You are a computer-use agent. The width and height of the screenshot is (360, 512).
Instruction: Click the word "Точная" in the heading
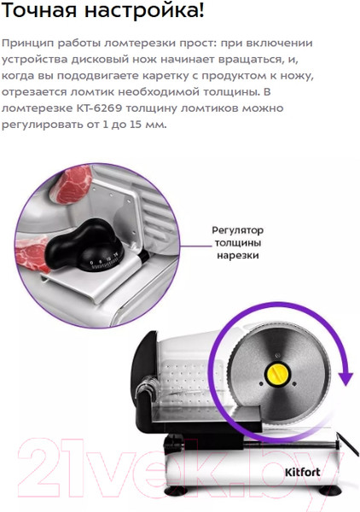pyautogui.click(x=40, y=10)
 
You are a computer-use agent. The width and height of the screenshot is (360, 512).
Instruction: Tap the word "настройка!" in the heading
pyautogui.click(x=144, y=10)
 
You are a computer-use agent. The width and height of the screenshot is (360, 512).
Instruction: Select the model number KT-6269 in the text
pyautogui.click(x=99, y=108)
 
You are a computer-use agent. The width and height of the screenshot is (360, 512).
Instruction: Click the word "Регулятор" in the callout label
pyautogui.click(x=238, y=230)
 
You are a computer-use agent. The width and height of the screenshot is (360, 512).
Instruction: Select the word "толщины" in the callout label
pyautogui.click(x=238, y=243)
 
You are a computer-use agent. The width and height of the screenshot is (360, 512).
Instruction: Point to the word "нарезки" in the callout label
pyautogui.click(x=238, y=255)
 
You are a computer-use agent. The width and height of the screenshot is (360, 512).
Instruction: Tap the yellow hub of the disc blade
pyautogui.click(x=278, y=374)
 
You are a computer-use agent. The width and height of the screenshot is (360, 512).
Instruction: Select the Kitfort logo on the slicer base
pyautogui.click(x=303, y=472)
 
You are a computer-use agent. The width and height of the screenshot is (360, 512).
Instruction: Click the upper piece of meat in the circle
pyautogui.click(x=73, y=183)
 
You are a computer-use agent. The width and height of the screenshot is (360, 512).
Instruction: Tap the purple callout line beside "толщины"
pyautogui.click(x=197, y=246)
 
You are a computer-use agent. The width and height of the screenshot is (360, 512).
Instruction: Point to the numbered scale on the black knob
pyautogui.click(x=104, y=263)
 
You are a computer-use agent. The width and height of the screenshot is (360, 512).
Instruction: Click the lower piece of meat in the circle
pyautogui.click(x=32, y=254)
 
